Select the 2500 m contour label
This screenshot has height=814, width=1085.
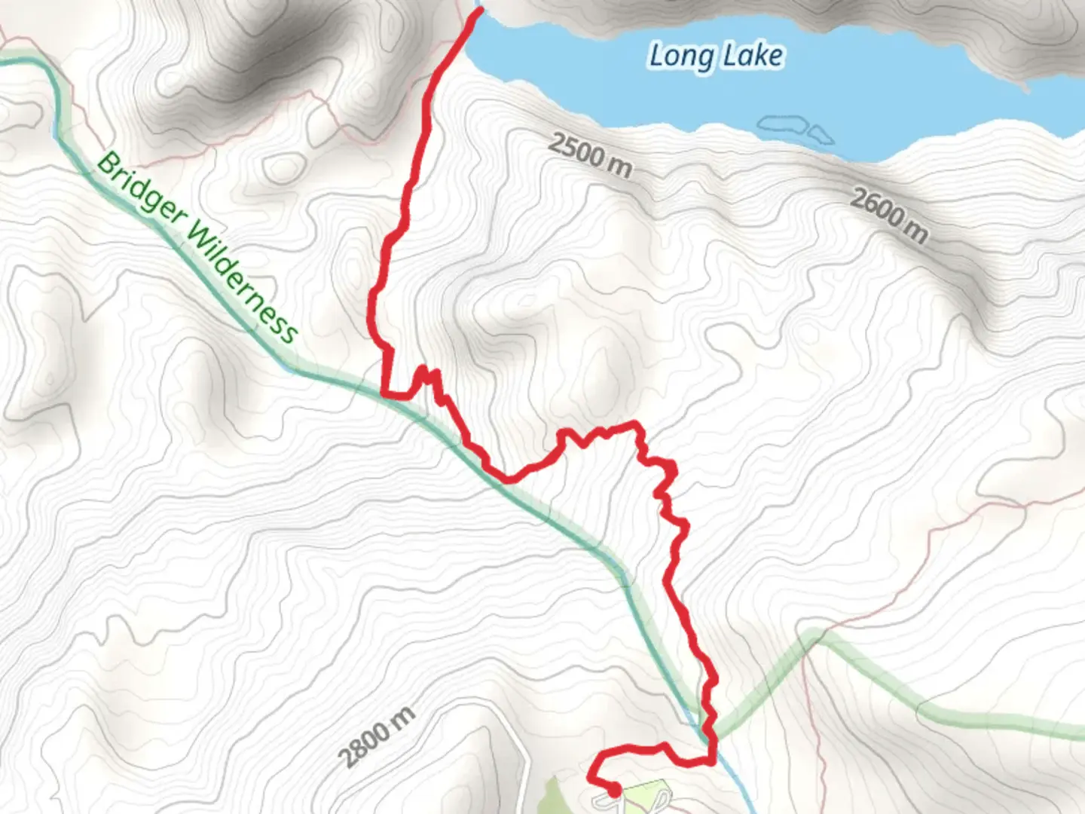pos(589,155)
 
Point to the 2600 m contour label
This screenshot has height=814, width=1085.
pos(889,216)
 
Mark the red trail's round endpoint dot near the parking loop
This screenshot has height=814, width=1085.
pos(614,790)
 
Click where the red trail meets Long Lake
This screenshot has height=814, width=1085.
pos(478,12)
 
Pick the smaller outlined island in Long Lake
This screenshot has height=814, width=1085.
pos(821,135)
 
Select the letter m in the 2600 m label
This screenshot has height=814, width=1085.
pos(916,231)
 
